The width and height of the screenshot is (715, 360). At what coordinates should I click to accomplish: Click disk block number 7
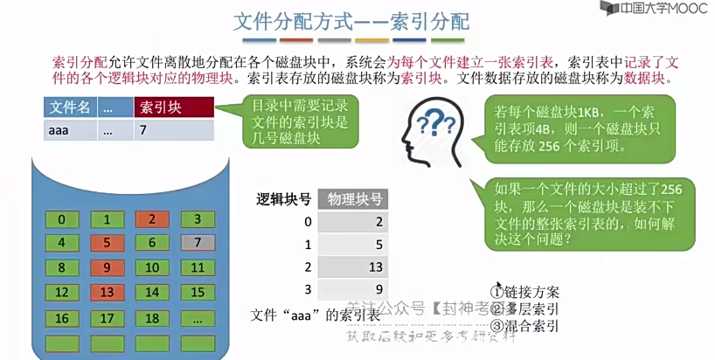point(198,242)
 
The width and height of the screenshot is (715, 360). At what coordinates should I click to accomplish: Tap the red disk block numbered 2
point(152,218)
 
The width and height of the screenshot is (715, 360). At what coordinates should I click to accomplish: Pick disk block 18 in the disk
point(152,318)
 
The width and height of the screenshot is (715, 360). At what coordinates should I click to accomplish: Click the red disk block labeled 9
point(108,267)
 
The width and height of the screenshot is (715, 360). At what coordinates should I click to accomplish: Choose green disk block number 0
point(61,218)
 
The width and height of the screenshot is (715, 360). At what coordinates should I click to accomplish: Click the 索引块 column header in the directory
point(174,108)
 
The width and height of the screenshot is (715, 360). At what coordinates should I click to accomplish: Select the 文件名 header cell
point(70,108)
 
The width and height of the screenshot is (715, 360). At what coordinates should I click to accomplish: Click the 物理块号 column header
point(354,198)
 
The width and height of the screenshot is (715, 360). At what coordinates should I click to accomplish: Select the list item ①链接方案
point(525,291)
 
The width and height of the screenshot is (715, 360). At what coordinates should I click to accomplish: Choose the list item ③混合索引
point(525,328)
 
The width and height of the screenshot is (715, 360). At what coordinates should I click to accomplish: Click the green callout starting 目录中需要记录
point(288,122)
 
